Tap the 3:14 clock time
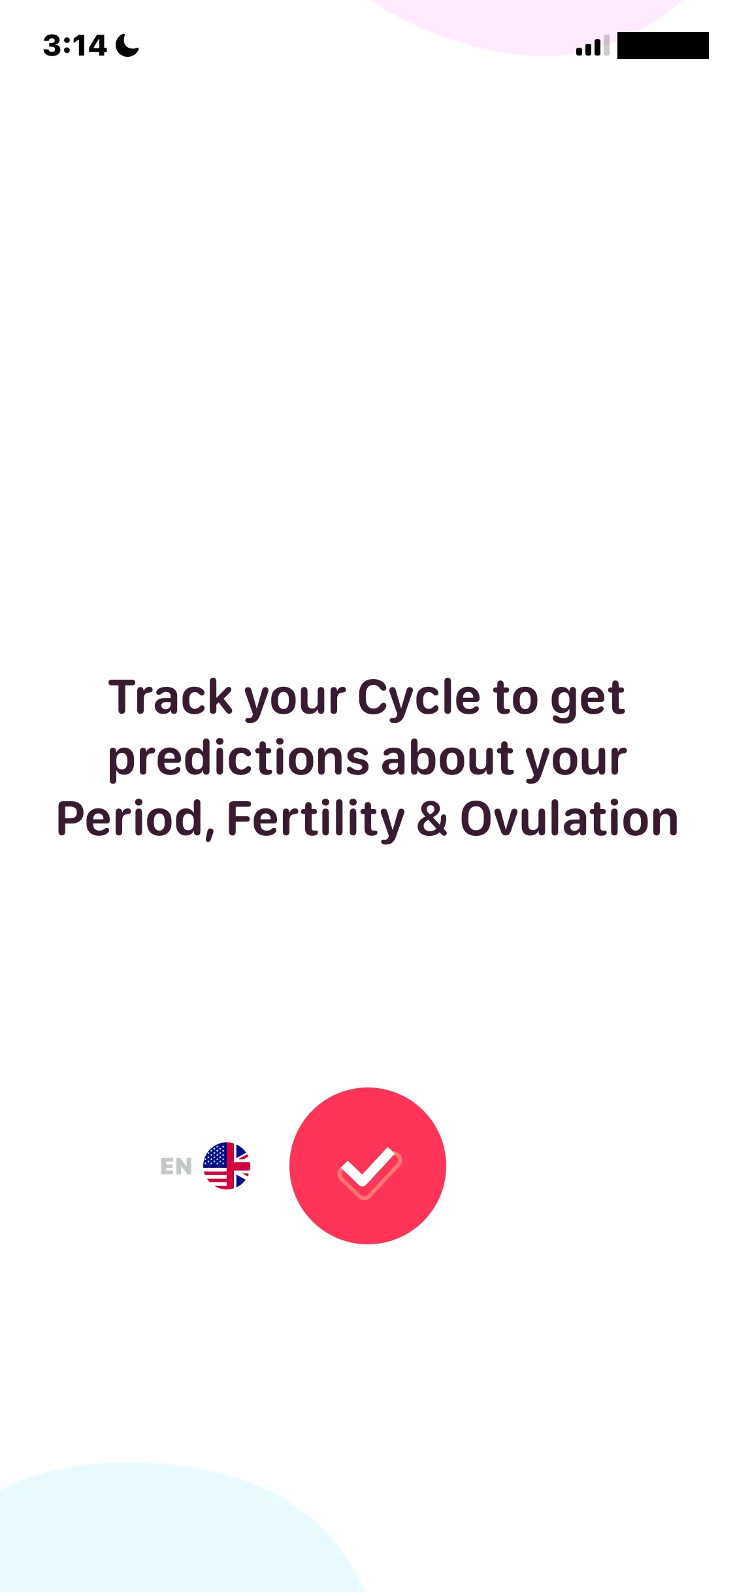(x=74, y=46)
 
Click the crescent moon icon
(x=127, y=45)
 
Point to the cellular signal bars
(x=593, y=45)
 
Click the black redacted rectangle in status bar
(x=662, y=45)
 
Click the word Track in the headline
(x=171, y=697)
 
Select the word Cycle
(x=419, y=699)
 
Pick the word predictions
(x=238, y=759)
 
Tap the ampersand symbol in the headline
(x=433, y=819)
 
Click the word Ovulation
(x=569, y=819)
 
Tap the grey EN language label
(x=176, y=1167)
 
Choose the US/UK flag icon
(x=227, y=1166)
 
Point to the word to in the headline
(x=515, y=698)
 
